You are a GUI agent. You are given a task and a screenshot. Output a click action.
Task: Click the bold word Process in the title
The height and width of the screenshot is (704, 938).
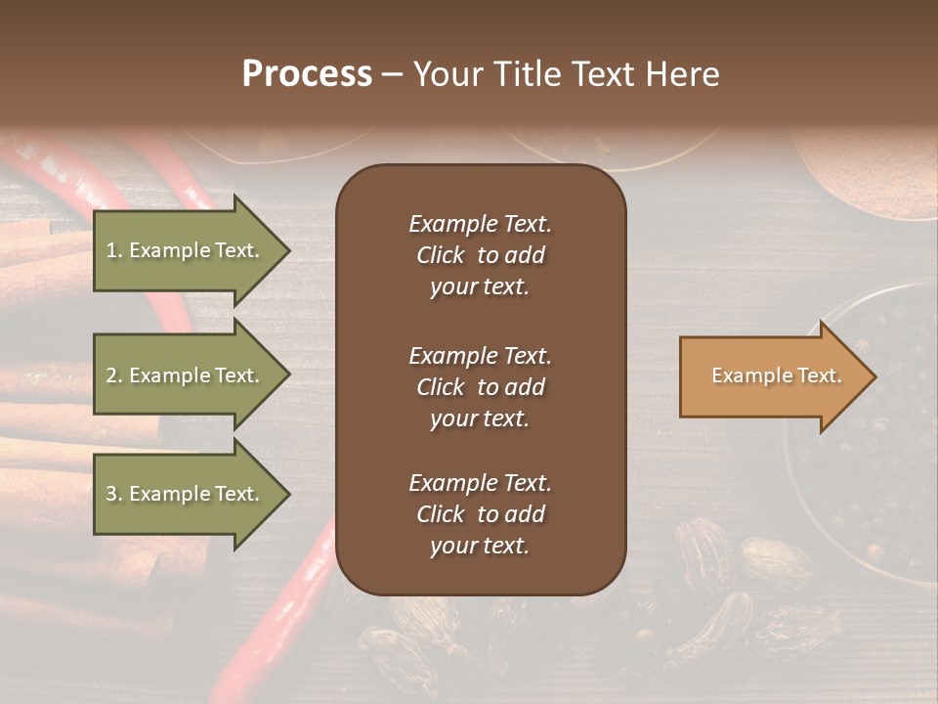pos(307,74)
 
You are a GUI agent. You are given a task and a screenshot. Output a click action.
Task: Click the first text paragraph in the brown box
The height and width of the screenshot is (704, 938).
pos(480,255)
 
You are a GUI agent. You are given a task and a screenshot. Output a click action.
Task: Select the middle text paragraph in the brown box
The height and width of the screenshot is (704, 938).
pos(480,386)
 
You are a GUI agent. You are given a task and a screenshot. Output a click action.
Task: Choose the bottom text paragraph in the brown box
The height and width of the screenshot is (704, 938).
pos(480,514)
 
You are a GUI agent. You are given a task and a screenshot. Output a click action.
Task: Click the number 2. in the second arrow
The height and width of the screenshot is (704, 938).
pos(113,375)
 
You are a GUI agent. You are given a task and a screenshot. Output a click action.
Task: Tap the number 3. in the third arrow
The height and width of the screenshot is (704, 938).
pos(113,494)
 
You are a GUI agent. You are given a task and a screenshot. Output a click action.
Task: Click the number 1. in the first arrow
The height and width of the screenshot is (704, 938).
pos(113,250)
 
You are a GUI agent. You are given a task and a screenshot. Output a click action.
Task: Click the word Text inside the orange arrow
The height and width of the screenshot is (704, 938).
pos(819,375)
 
